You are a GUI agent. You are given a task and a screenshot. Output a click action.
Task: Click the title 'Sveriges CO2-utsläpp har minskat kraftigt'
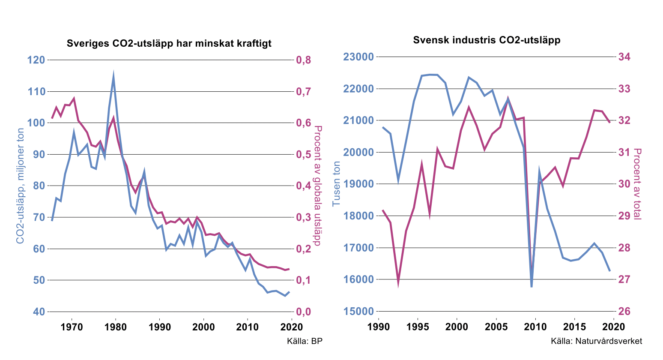click(169, 43)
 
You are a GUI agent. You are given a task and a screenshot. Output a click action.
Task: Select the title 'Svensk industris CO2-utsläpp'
click(487, 40)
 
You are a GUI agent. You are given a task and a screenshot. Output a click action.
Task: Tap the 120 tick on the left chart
click(36, 60)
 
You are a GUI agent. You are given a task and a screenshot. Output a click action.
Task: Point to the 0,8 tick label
click(305, 60)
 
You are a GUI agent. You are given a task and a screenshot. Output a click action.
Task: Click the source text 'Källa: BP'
click(305, 341)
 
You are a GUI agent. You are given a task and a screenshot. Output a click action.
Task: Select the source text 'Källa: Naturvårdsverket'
click(596, 341)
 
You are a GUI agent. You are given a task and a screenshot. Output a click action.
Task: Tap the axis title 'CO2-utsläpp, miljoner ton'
click(20, 186)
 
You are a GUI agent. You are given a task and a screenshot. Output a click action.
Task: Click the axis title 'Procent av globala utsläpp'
click(317, 186)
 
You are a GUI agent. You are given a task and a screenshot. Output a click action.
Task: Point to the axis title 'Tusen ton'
click(337, 183)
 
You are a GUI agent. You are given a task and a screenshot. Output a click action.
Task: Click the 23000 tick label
click(357, 57)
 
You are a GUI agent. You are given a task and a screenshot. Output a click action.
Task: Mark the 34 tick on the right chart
click(624, 57)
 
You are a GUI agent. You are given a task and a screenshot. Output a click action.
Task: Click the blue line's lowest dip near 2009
click(532, 286)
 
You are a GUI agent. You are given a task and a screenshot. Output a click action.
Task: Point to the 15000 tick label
click(357, 312)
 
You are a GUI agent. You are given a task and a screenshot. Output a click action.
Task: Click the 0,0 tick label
click(305, 312)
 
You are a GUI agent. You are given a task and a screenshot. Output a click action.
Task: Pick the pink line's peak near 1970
click(74, 99)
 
